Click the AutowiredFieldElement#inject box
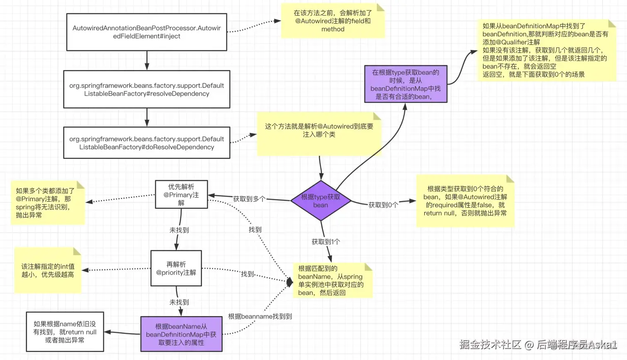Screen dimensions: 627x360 147,32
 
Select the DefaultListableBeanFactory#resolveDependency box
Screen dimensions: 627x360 147,89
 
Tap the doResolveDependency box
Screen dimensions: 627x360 147,143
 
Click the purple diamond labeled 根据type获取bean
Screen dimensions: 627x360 321,201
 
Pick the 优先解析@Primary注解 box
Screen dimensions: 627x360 181,195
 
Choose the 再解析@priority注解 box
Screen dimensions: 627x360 176,268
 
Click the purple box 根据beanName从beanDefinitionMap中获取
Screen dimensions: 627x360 181,334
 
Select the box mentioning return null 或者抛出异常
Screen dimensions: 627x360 65,332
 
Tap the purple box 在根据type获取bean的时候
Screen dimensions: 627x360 406,84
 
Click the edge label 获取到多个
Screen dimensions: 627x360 249,199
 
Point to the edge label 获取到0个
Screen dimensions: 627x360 383,205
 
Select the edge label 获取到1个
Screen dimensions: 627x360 326,241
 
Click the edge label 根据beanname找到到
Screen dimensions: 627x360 260,316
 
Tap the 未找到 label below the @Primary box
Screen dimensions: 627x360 179,230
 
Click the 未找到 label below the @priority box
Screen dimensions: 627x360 179,302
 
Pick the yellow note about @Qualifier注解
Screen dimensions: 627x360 547,50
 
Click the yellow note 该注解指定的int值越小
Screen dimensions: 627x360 48,270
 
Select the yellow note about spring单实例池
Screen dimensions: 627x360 333,280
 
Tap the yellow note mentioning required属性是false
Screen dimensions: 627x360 465,201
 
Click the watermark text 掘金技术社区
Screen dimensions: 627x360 490,345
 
